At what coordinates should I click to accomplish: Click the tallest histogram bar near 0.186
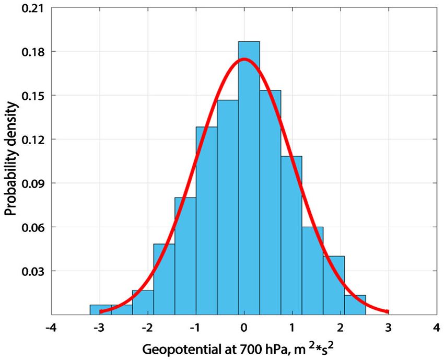click(x=249, y=178)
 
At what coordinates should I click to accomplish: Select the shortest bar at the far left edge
click(x=100, y=309)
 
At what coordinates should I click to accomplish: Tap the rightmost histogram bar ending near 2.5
click(x=355, y=305)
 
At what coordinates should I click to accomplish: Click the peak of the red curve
click(x=244, y=60)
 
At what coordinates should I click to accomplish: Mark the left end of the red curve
click(x=100, y=311)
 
